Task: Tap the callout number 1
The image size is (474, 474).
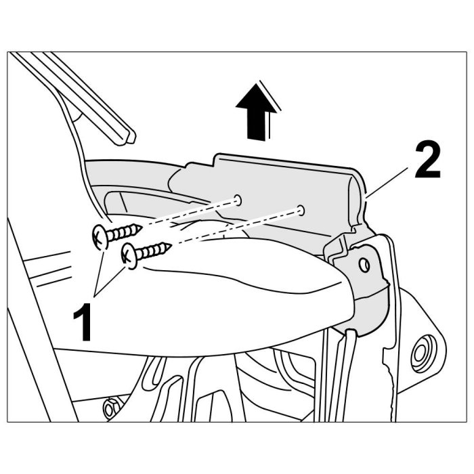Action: [x=83, y=322]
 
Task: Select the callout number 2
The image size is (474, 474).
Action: [x=427, y=160]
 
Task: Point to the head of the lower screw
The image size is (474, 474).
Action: [x=129, y=256]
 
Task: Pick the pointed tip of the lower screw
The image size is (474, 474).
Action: [x=171, y=245]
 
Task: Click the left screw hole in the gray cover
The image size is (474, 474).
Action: [x=238, y=200]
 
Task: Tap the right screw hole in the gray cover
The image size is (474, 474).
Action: [x=301, y=209]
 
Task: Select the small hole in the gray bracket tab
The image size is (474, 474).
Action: [x=365, y=265]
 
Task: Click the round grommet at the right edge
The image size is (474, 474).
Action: [x=423, y=353]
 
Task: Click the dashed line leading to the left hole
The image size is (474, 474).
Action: [x=189, y=213]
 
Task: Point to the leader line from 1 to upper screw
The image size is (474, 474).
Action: [x=100, y=273]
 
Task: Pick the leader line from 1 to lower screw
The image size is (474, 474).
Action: [x=110, y=282]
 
